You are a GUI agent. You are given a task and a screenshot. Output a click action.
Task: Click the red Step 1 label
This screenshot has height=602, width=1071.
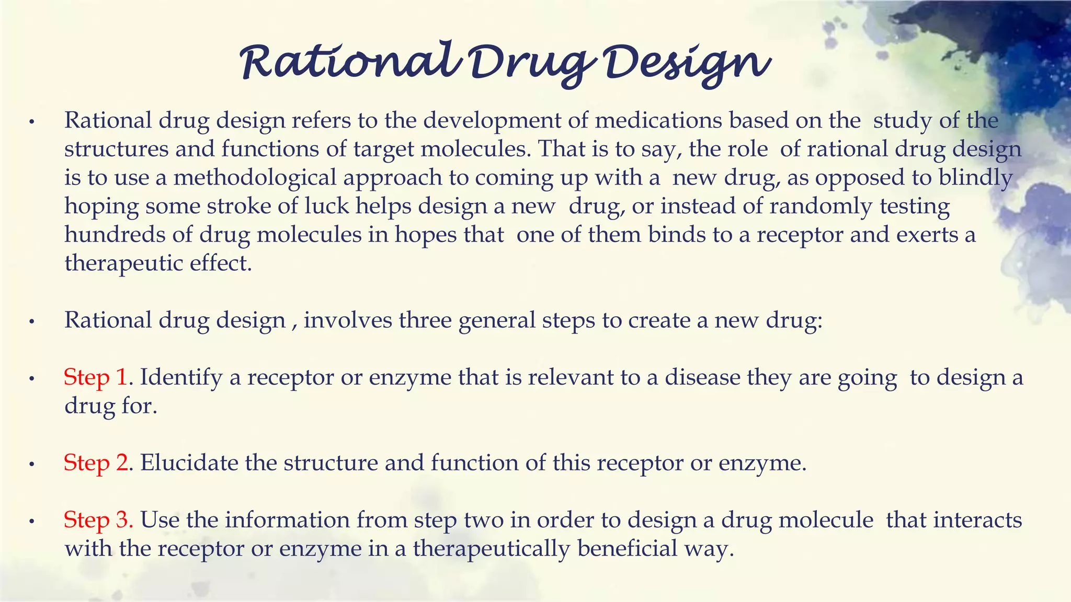click(x=96, y=377)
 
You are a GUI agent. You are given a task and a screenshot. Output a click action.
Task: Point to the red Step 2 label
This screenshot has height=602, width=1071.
click(x=96, y=463)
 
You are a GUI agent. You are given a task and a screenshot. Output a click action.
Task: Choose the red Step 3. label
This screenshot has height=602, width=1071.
click(x=98, y=520)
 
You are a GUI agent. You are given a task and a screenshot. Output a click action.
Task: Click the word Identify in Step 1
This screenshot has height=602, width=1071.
click(x=181, y=378)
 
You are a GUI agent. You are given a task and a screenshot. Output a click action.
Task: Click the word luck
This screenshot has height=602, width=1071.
click(x=327, y=206)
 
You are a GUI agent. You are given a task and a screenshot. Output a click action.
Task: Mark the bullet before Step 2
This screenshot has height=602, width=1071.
click(x=32, y=464)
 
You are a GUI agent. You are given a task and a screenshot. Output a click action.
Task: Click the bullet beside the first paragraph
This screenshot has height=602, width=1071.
click(x=32, y=122)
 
